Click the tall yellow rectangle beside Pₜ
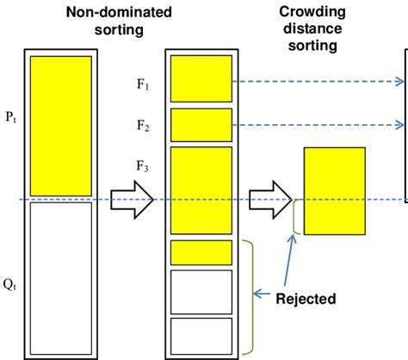(60, 124)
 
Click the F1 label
(145, 88)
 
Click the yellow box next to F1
(201, 79)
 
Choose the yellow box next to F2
(201, 126)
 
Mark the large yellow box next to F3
(201, 190)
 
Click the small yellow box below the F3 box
(201, 252)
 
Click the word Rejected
(306, 300)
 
